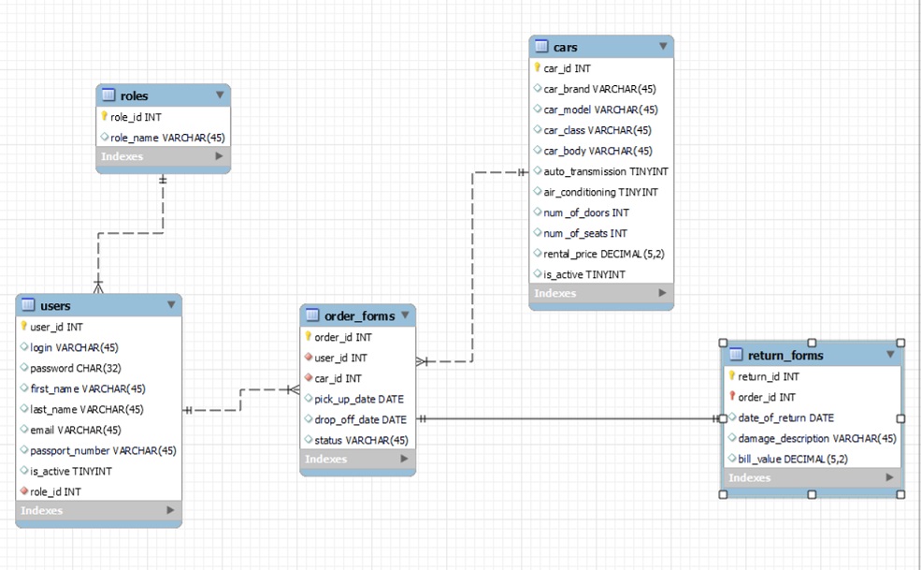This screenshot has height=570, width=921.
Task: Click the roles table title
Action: pos(134,95)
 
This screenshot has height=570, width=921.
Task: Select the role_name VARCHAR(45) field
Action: pos(167,138)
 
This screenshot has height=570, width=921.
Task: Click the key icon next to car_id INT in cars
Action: pos(538,67)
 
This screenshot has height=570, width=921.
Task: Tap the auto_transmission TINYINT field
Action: pos(606,171)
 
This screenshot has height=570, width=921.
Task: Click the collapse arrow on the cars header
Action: pos(663,46)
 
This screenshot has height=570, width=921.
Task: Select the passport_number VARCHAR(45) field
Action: pos(103,450)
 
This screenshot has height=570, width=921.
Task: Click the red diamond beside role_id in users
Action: pos(24,491)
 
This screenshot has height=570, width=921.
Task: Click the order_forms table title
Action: pos(359,315)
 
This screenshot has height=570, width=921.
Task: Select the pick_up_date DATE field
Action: pos(359,399)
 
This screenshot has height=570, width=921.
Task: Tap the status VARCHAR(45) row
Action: pos(361,440)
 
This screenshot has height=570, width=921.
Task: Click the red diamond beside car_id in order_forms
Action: pos(308,378)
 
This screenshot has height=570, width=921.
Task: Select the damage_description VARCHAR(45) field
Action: pos(817,438)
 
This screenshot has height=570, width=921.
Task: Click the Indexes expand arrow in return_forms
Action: pos(889,477)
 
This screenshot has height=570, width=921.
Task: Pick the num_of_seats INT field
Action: pos(585,233)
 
